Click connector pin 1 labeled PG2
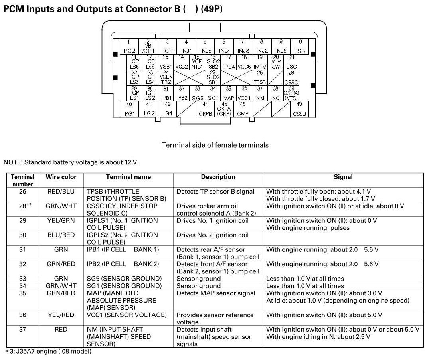[129, 46]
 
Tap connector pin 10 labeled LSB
[299, 46]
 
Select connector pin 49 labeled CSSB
[299, 109]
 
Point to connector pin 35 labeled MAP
[229, 93]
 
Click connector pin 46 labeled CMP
[243, 109]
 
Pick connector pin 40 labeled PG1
[130, 109]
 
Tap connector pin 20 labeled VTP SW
[276, 62]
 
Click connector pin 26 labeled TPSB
[260, 77]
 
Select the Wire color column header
[61, 177]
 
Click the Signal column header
[343, 177]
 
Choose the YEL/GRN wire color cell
[61, 220]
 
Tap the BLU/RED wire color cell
[61, 235]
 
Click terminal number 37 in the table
[23, 330]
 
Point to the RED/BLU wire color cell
[61, 192]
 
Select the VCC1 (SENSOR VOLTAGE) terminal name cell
[127, 315]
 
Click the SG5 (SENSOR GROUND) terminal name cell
[125, 279]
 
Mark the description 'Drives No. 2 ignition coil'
[212, 235]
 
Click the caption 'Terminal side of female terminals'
[215, 145]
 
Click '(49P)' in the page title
[212, 9]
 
